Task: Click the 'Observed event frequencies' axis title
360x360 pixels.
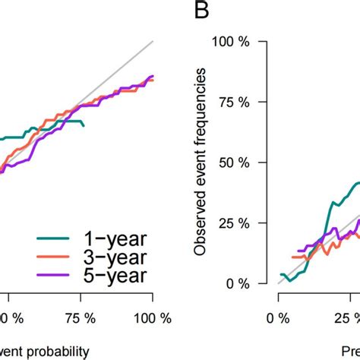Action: pyautogui.click(x=201, y=161)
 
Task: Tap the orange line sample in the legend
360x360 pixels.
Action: pyautogui.click(x=52, y=258)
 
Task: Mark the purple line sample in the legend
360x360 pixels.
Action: pyautogui.click(x=52, y=276)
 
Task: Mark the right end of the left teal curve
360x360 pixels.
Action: pyautogui.click(x=84, y=125)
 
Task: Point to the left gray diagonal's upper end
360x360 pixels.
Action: pyautogui.click(x=153, y=41)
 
